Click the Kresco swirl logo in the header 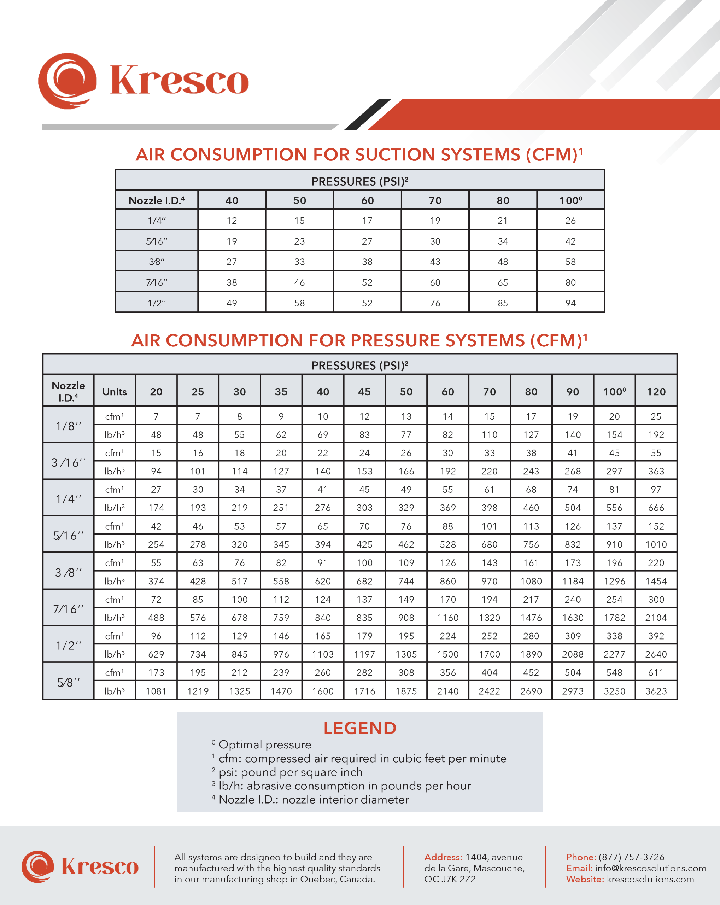pos(67,81)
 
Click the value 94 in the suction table pos(570,303)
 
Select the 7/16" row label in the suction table pos(157,282)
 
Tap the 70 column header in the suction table pos(435,201)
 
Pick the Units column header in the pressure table pos(115,392)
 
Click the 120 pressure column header pos(656,392)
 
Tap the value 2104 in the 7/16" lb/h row pos(656,618)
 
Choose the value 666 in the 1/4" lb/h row pos(656,508)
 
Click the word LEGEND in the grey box pos(359,728)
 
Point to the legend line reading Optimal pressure pos(265,745)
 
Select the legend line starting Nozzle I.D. pos(314,800)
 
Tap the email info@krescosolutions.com pos(650,868)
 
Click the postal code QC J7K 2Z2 pos(450,879)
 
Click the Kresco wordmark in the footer pos(100,867)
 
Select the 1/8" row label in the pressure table pos(68,426)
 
